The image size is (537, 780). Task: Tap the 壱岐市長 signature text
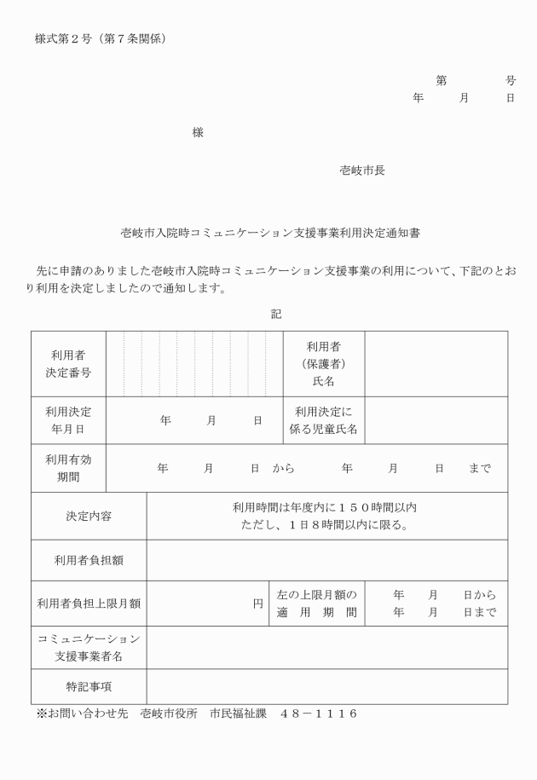[x=362, y=170]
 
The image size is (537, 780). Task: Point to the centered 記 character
[x=276, y=313]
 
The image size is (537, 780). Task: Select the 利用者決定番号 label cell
[x=68, y=364]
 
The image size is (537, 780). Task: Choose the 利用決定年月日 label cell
[x=68, y=420]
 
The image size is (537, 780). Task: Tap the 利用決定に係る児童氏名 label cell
[x=324, y=420]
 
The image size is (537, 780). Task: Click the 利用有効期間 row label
[x=68, y=468]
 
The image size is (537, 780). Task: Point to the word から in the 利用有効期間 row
[x=284, y=469]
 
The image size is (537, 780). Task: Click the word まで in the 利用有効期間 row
[x=480, y=469]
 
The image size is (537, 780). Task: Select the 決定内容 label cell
[x=89, y=516]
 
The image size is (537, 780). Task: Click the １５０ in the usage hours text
[x=344, y=508]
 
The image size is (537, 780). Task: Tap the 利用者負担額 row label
[x=89, y=560]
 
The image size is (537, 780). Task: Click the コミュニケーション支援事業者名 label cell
[x=89, y=648]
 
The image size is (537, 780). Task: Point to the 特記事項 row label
[x=89, y=686]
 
